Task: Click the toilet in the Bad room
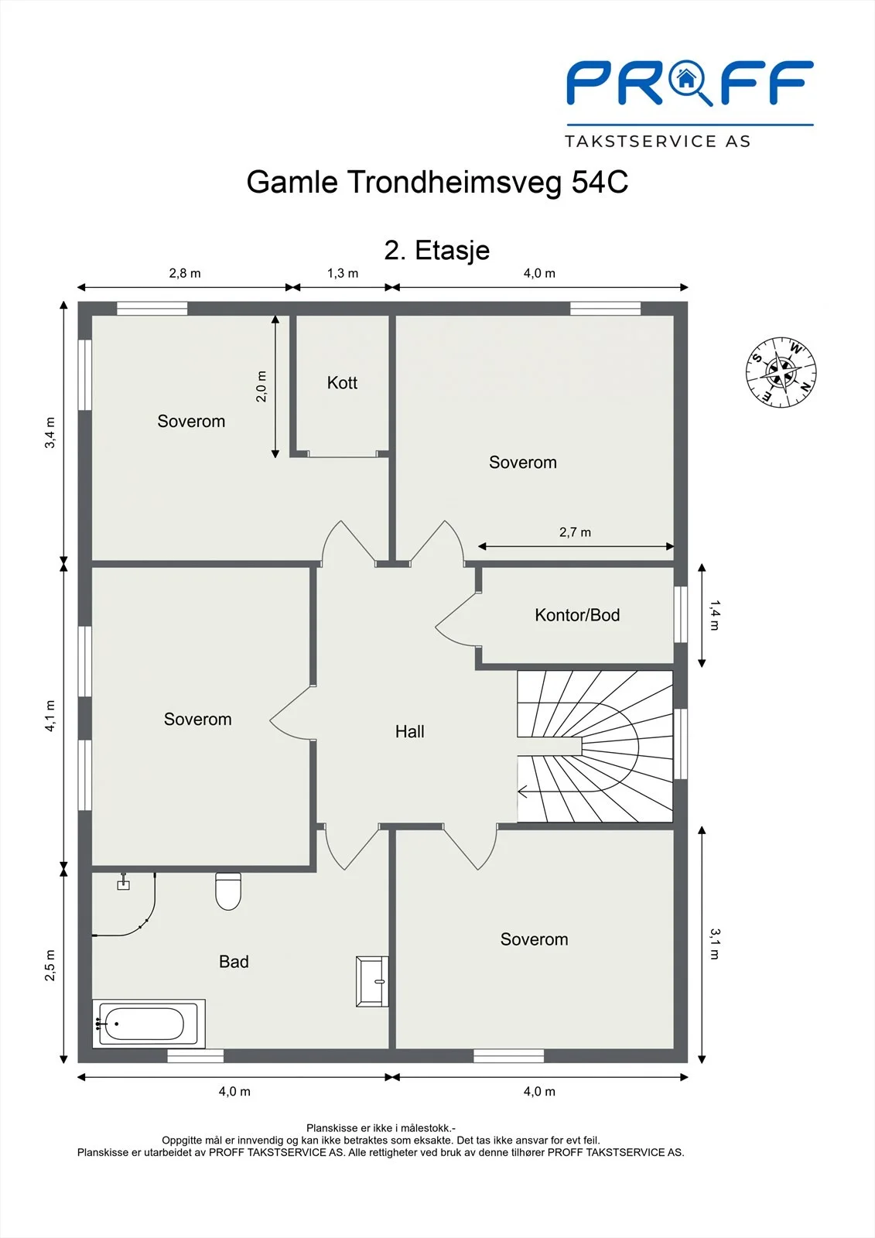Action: tap(227, 891)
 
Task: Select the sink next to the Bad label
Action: tap(372, 981)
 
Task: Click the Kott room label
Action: tap(342, 382)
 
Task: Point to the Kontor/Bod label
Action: tap(577, 615)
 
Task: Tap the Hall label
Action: tap(409, 732)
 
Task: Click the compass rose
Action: tap(781, 372)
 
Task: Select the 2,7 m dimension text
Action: tap(575, 532)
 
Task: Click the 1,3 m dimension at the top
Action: tap(343, 273)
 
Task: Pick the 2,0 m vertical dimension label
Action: tap(261, 386)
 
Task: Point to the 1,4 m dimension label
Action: tap(715, 615)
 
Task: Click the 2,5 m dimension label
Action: tap(50, 965)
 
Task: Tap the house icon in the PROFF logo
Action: tap(686, 78)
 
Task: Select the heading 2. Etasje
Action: tap(436, 251)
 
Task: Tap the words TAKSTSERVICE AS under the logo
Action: tap(658, 142)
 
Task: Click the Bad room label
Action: tap(234, 962)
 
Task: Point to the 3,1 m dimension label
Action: tap(715, 944)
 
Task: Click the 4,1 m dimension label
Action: tap(50, 716)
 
